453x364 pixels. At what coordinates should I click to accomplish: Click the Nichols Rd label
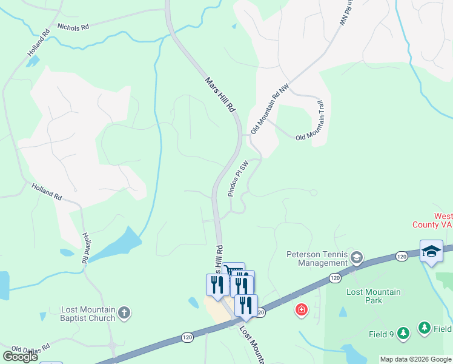[x=73, y=27]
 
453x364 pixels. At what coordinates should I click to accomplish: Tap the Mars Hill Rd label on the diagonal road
[x=219, y=95]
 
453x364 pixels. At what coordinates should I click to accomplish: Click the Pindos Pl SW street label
[x=239, y=178]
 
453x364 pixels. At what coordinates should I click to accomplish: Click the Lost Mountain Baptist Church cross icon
[x=124, y=313]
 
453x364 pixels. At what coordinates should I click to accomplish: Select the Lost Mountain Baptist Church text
[x=88, y=314]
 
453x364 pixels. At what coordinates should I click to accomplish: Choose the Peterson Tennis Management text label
[x=319, y=258]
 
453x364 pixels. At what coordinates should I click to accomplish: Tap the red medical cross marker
[x=300, y=311]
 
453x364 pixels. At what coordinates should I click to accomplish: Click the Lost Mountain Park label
[x=373, y=296]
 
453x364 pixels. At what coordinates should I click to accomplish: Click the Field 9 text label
[x=382, y=334]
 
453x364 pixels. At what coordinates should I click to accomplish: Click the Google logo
[x=19, y=356]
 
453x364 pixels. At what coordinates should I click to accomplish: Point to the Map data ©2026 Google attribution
[x=415, y=359]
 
